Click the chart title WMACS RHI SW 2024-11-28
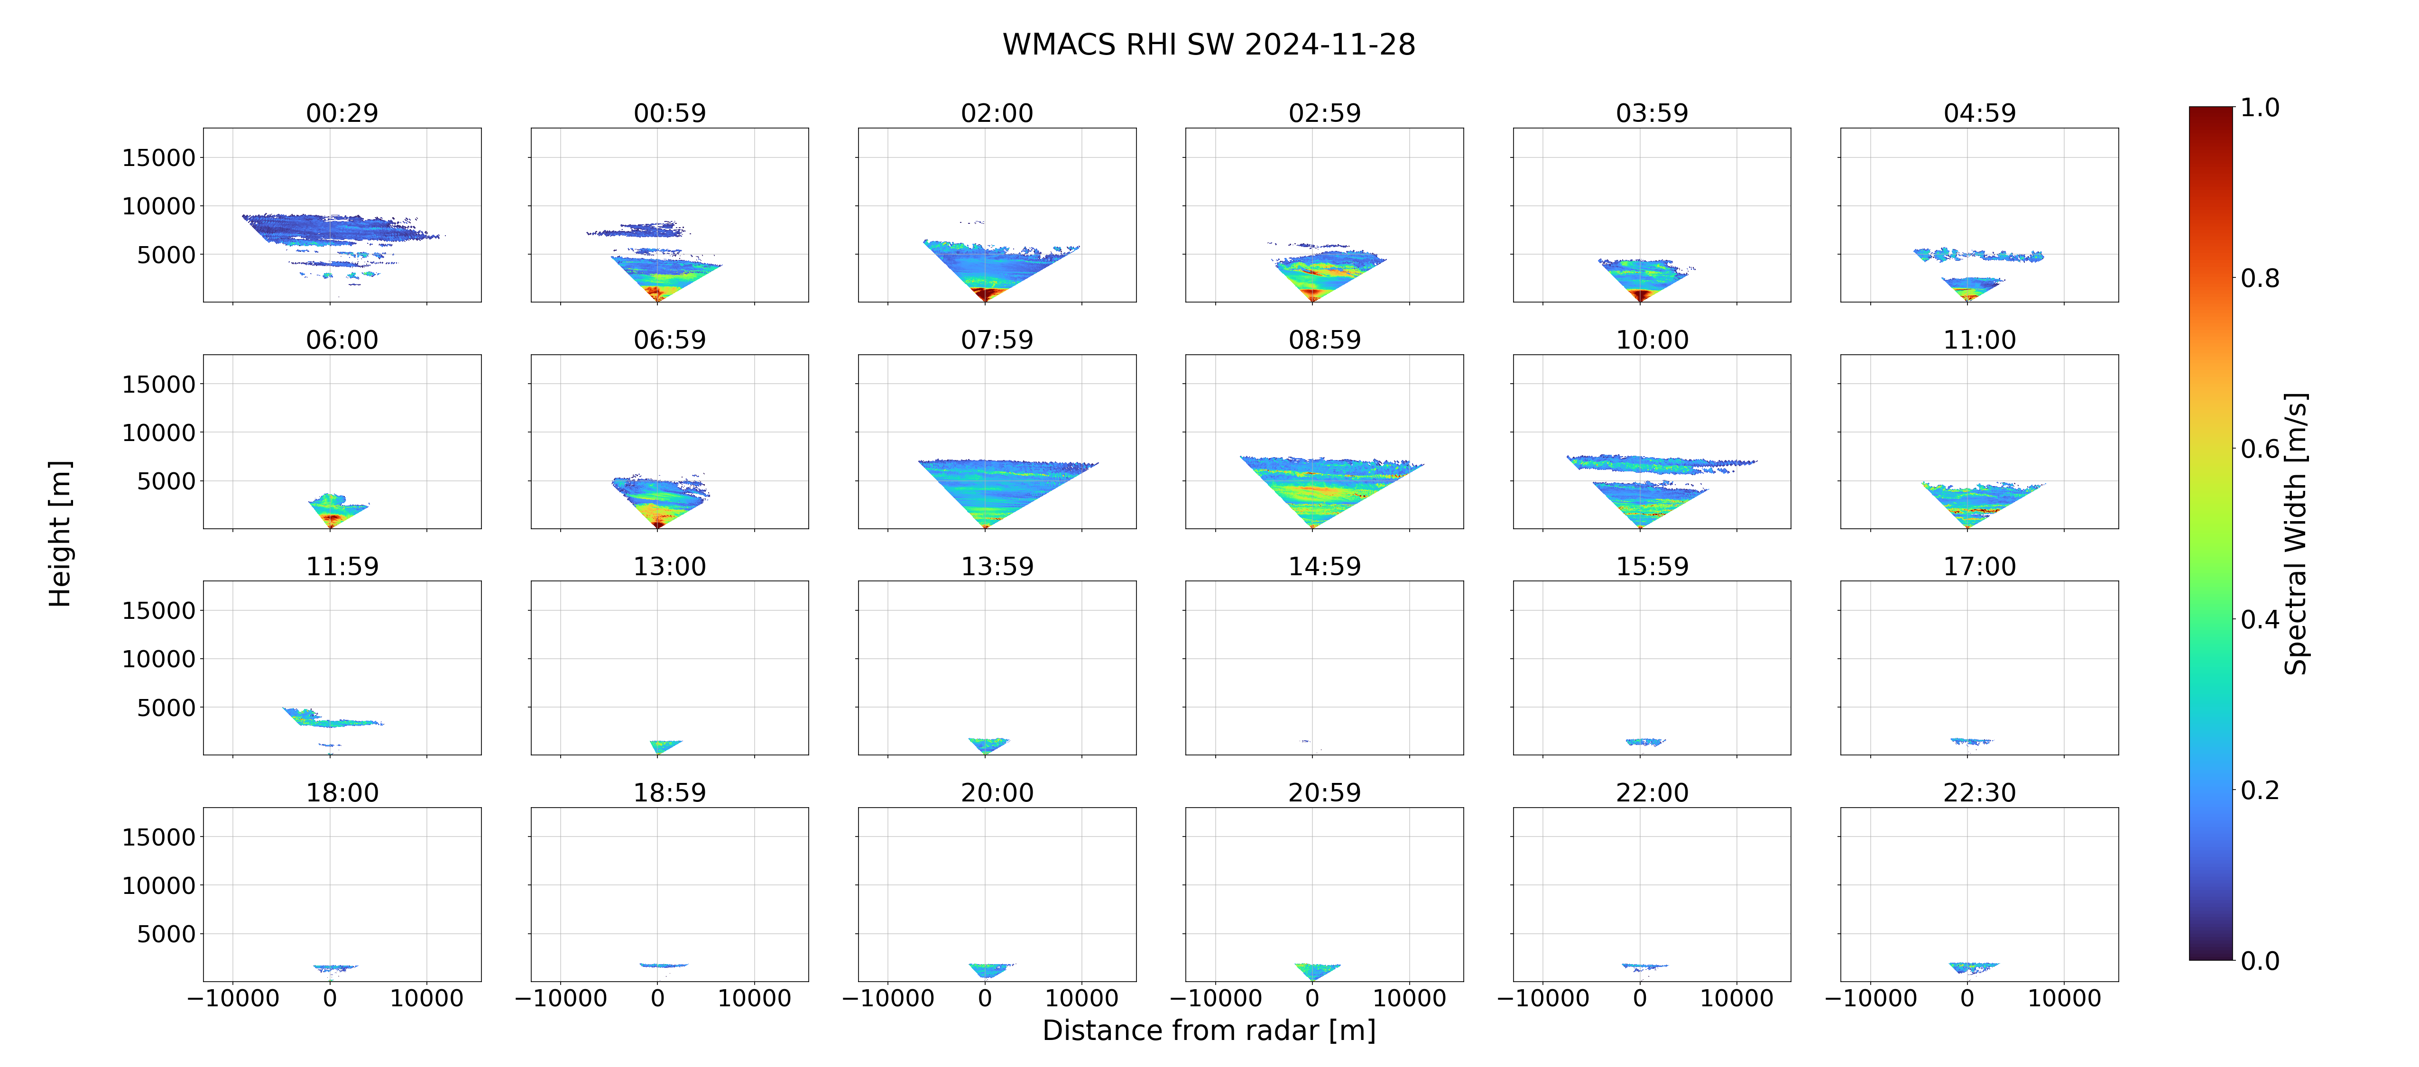click(1209, 44)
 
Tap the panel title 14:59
click(1324, 566)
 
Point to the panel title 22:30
click(1979, 793)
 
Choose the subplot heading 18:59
click(670, 793)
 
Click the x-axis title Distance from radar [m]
click(1209, 1030)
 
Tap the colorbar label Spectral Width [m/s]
click(2295, 533)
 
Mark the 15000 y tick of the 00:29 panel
click(159, 158)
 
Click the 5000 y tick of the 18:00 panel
click(166, 934)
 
